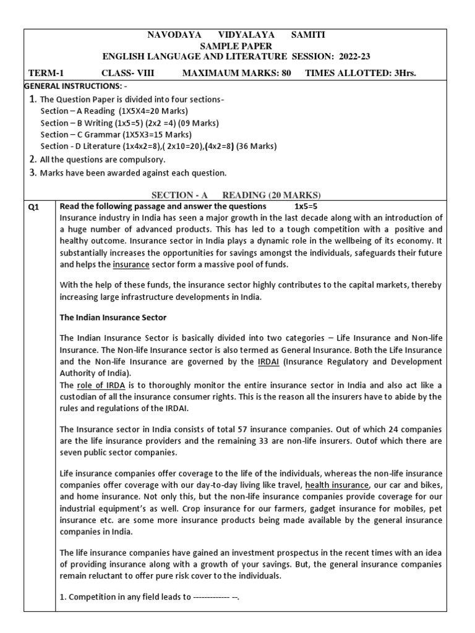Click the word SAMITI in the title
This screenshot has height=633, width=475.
pos(308,35)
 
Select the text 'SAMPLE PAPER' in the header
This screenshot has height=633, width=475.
pos(237,46)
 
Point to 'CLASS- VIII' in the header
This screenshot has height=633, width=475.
pos(128,73)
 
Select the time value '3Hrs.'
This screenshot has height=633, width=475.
pos(402,73)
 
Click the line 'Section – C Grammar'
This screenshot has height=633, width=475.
pos(116,134)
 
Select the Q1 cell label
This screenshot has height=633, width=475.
pos(34,207)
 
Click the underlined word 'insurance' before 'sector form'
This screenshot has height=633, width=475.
pos(131,265)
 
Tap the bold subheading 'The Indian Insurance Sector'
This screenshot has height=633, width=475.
pos(113,318)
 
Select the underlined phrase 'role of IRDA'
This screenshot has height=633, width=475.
pos(101,385)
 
